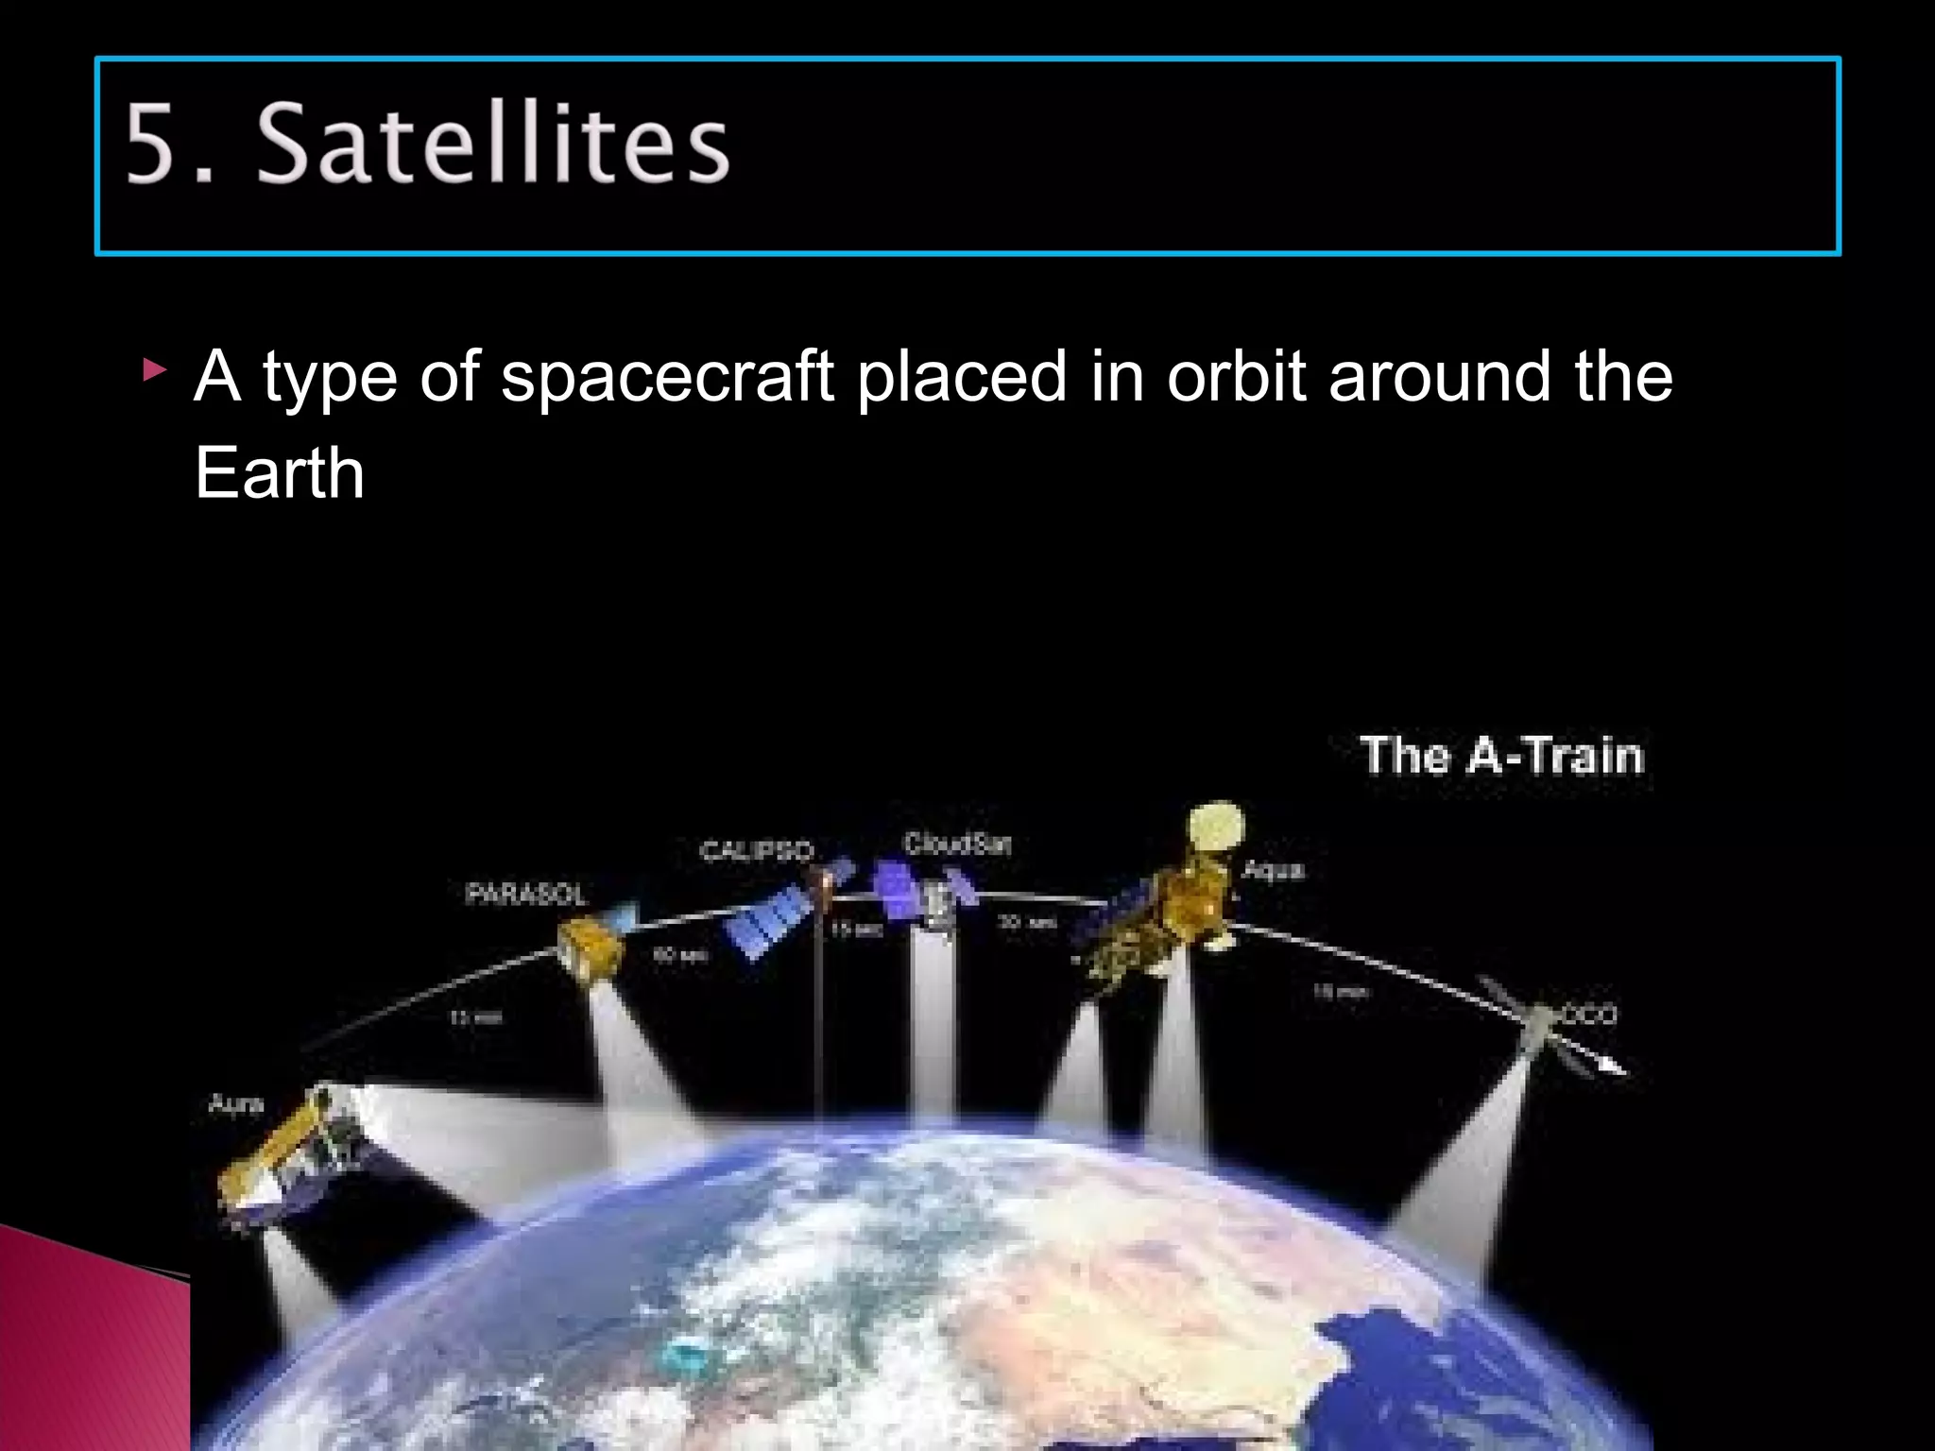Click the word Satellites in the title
point(492,144)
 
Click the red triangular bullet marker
point(154,369)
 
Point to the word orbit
point(1236,376)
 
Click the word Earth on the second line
point(279,472)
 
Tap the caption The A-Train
point(1502,756)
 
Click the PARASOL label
point(525,894)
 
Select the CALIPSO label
point(756,851)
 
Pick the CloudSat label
point(956,844)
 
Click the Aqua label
point(1273,869)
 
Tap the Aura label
point(235,1103)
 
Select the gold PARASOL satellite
point(590,948)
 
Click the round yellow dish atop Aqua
point(1217,826)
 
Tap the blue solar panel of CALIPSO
point(770,921)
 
